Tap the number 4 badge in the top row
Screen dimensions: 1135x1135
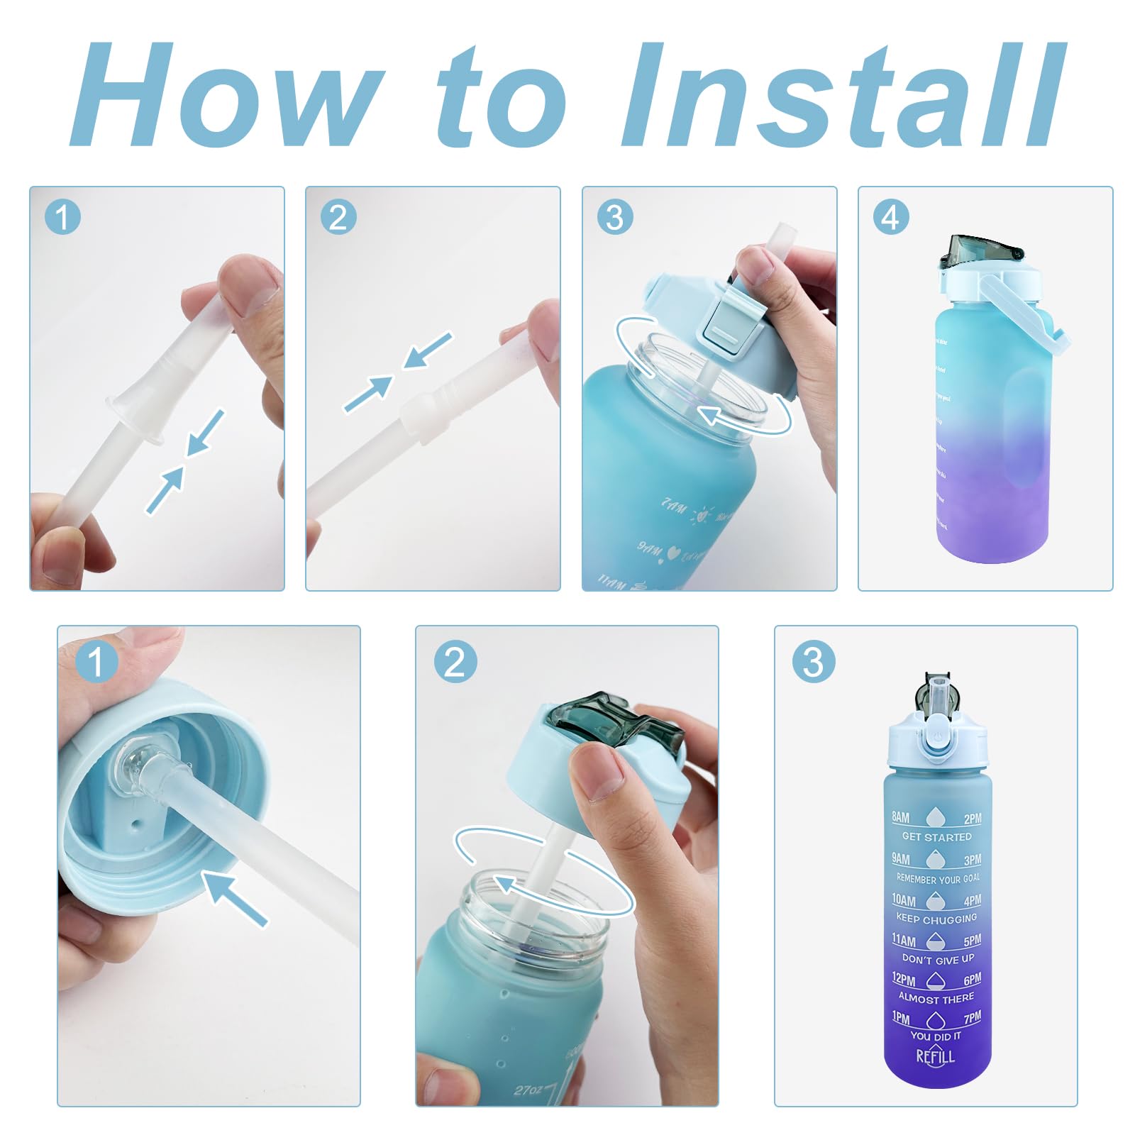890,217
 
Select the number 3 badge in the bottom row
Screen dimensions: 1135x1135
813,662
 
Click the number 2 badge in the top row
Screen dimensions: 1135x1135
338,217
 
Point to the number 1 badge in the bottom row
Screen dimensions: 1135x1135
95,662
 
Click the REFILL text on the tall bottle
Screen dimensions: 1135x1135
936,1057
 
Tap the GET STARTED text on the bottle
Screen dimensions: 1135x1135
936,837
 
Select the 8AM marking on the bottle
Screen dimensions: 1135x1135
901,817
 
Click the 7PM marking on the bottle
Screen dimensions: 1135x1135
973,1017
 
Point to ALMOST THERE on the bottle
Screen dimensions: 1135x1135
936,998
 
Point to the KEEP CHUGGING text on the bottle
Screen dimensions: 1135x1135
936,918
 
